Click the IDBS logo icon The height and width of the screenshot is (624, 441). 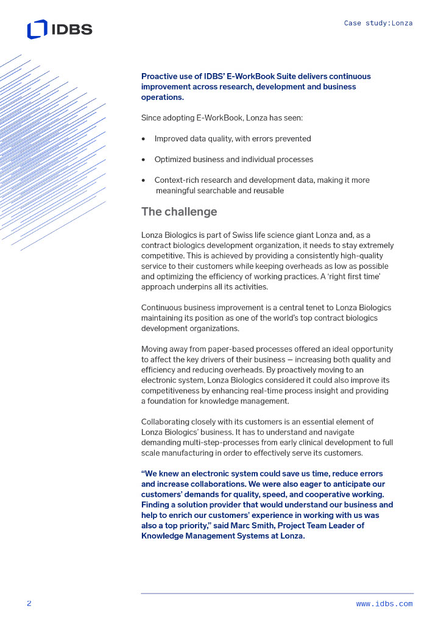37,29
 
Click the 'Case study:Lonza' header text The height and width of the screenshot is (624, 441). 378,23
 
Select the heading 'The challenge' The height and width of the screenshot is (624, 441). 179,212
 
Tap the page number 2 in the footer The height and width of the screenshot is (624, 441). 29,603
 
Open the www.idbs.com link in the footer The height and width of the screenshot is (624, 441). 384,604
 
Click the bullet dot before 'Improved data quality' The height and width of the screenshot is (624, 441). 143,139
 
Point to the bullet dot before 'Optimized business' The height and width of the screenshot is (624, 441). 143,160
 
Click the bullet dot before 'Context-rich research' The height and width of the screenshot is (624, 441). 143,180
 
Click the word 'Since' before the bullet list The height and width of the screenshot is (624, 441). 152,118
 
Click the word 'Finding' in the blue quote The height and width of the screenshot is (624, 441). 157,505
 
